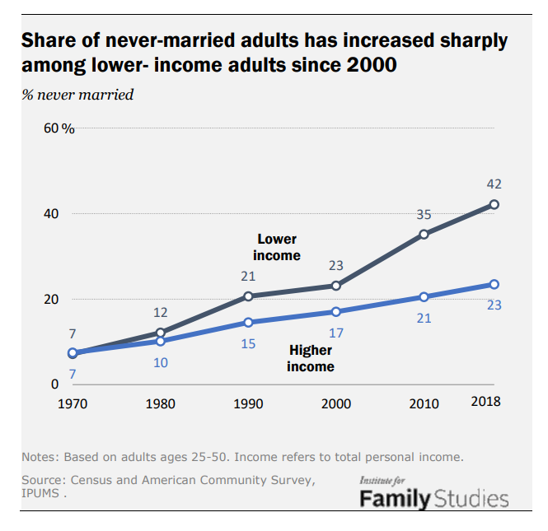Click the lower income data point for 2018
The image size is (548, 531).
[494, 204]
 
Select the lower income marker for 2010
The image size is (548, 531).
[424, 234]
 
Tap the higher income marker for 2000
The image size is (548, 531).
[336, 311]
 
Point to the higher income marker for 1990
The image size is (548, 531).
[248, 322]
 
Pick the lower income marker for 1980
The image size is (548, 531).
[161, 333]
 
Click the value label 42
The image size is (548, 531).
[494, 184]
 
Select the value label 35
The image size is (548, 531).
[424, 214]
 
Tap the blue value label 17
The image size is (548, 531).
[336, 333]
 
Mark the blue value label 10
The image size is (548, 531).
[161, 362]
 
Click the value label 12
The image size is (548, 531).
[161, 313]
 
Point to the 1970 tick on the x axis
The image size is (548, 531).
[73, 403]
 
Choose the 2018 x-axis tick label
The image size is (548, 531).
[485, 402]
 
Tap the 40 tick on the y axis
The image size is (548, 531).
[51, 213]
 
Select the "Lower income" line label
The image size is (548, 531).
[277, 247]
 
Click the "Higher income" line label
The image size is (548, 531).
[311, 358]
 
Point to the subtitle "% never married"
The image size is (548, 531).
[77, 94]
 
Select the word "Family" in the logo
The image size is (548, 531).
[395, 498]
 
